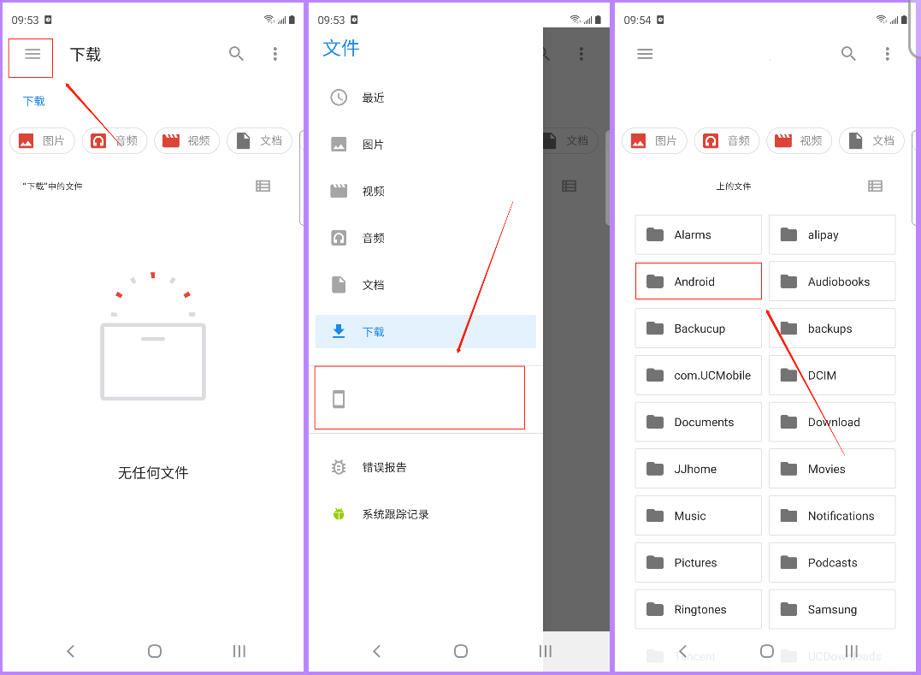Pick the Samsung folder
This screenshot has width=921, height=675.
tap(831, 610)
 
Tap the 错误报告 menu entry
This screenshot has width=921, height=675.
tap(384, 468)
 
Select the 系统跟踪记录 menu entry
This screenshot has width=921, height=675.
tap(395, 514)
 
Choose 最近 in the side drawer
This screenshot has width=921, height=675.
tap(373, 98)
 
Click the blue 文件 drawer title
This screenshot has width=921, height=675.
tap(340, 49)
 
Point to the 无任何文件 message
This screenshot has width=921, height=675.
tap(153, 473)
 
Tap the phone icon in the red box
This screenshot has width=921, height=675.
tap(339, 399)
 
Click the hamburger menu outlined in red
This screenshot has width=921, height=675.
tap(32, 55)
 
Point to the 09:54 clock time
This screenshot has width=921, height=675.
tap(637, 20)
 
